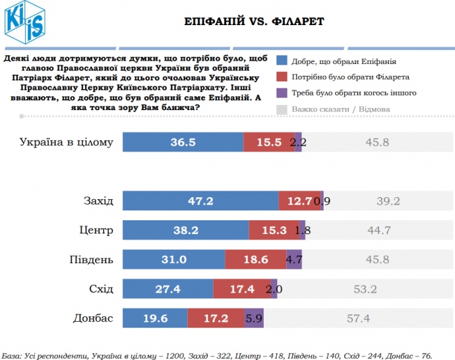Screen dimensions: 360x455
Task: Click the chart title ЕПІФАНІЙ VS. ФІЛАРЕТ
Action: pos(254,22)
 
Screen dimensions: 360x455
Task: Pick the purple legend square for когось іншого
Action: pos(282,93)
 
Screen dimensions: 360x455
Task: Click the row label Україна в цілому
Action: pos(67,142)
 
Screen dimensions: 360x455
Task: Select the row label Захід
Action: pos(98,201)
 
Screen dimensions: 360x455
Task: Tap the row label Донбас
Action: pos(93,318)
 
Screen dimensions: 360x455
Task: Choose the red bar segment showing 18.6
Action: pos(255,260)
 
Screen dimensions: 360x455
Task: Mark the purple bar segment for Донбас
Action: pos(254,318)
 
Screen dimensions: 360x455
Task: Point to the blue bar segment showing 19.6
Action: pos(155,318)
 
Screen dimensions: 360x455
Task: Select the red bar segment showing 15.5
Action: pos(268,142)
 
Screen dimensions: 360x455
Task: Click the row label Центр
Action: pos(96,230)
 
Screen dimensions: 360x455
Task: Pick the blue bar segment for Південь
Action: pos(174,260)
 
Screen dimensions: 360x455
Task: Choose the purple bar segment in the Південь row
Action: pos(294,260)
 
